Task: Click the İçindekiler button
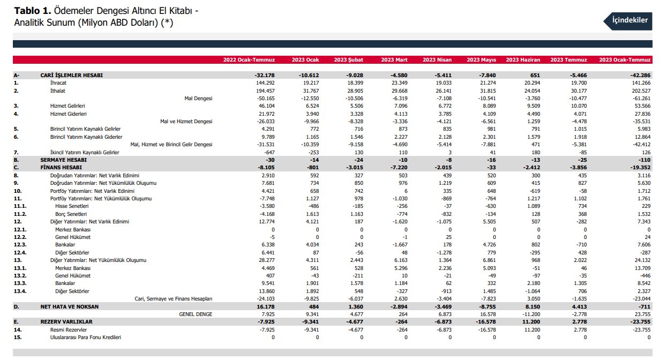pos(628,21)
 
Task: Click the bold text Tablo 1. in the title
pos(33,11)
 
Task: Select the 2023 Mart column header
pos(394,60)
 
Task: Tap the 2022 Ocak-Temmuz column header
pos(249,60)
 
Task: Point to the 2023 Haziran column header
pos(523,60)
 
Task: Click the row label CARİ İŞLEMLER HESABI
pos(71,76)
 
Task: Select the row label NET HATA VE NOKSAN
pos(70,307)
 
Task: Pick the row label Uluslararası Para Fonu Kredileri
pos(86,337)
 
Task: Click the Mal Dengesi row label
pos(198,99)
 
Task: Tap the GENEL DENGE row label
pos(196,314)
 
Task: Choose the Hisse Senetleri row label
pos(72,206)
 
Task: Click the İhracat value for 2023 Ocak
pos(311,83)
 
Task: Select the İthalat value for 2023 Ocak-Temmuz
pos(641,91)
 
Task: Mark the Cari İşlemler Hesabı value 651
pos(535,76)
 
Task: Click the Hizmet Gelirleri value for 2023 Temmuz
pos(579,106)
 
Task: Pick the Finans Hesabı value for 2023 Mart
pos(399,168)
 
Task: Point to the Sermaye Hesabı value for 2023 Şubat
pos(358,160)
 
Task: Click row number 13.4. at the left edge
pos(20,291)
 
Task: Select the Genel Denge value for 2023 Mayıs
pos(488,314)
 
